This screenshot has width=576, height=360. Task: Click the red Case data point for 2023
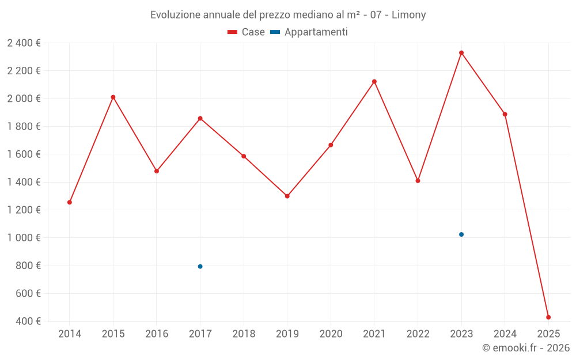click(x=461, y=53)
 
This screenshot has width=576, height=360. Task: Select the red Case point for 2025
click(x=548, y=317)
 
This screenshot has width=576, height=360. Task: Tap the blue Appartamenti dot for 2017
click(x=200, y=267)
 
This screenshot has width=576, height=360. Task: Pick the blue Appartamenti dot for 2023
click(x=461, y=234)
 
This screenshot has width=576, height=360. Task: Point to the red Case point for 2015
click(x=113, y=97)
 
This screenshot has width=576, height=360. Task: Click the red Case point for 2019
click(x=287, y=196)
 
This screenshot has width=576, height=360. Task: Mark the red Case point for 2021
click(x=374, y=82)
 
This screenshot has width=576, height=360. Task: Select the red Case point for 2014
click(x=70, y=202)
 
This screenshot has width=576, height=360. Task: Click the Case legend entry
click(x=246, y=32)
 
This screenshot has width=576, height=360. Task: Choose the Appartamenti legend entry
click(x=309, y=32)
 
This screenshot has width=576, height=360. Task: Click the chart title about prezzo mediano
click(x=288, y=15)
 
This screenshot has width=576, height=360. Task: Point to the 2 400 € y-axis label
click(x=24, y=43)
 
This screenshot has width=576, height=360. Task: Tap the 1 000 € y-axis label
click(x=24, y=238)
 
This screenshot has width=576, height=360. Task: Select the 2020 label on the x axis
click(x=331, y=334)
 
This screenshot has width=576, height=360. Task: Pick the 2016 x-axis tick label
click(x=157, y=334)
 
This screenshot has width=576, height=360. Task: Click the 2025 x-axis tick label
click(x=548, y=334)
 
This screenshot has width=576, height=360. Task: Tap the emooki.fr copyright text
click(x=525, y=348)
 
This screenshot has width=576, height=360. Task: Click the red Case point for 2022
click(x=418, y=181)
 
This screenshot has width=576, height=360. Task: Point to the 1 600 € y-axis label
click(x=24, y=154)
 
